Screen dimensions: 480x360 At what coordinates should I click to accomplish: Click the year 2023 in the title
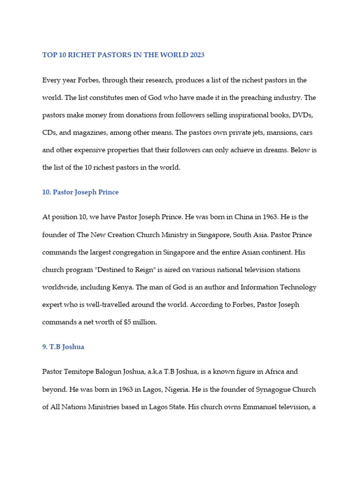tap(197, 55)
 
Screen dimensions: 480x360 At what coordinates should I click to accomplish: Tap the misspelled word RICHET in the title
tap(81, 55)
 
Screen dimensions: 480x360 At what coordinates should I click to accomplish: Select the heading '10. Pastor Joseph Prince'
tap(80, 192)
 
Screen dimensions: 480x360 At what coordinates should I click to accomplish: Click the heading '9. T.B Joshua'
tap(63, 347)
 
